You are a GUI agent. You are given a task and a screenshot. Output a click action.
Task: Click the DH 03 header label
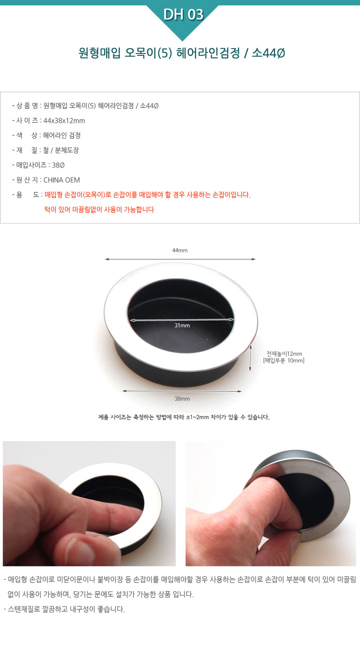[183, 14]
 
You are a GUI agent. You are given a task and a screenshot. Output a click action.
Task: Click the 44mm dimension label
[180, 250]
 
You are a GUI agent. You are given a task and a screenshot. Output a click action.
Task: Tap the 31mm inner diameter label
[182, 326]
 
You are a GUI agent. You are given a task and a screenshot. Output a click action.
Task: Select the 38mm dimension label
[182, 399]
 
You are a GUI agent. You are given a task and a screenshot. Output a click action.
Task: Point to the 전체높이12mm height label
[284, 353]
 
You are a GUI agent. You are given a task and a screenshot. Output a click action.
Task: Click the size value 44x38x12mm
[64, 121]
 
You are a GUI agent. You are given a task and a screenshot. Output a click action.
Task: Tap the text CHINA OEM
[62, 180]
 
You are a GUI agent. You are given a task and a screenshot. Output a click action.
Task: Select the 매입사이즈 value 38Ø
[58, 165]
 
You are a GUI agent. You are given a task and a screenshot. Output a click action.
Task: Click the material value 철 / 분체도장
[61, 150]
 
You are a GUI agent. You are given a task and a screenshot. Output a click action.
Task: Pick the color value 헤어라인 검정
[62, 135]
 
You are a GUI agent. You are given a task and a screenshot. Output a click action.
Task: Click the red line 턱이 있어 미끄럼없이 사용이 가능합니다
[99, 210]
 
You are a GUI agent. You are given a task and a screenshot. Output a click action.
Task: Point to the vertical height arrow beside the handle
[250, 358]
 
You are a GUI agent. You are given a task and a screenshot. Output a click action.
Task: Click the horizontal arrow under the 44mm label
[180, 259]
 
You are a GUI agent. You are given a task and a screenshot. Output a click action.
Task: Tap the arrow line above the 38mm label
[182, 391]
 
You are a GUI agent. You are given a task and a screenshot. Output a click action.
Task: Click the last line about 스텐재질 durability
[64, 609]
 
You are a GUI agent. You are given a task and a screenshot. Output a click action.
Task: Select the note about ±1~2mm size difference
[184, 417]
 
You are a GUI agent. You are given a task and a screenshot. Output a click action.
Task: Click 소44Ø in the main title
[268, 53]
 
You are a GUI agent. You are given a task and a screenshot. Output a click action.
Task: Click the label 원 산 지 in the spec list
[27, 180]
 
